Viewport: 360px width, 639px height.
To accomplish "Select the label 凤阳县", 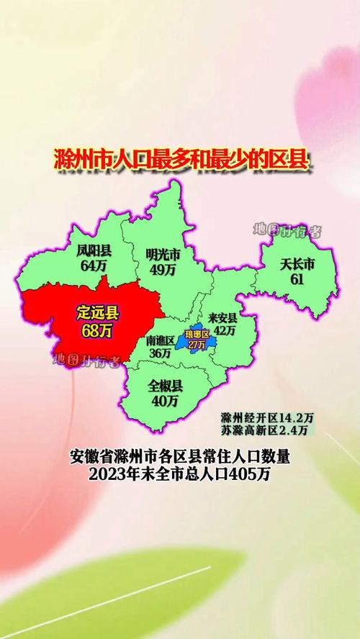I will tap(94, 251).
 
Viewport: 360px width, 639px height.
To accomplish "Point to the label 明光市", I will tap(162, 255).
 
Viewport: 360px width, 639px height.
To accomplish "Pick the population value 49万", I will tap(162, 270).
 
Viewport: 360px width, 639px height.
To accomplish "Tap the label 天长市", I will tap(297, 263).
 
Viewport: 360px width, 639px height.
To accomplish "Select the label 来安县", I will tap(222, 317).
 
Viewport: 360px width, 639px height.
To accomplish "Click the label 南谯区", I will tap(159, 340).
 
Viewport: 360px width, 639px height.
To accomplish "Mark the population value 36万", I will tap(159, 353).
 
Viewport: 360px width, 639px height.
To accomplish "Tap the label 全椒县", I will tap(166, 386).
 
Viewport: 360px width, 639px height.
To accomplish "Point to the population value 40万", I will tap(166, 401).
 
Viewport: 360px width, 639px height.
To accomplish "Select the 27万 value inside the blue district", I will tap(196, 344).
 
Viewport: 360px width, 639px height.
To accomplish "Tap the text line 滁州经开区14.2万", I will tap(266, 417).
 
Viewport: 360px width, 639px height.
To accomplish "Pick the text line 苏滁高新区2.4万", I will tap(266, 430).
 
